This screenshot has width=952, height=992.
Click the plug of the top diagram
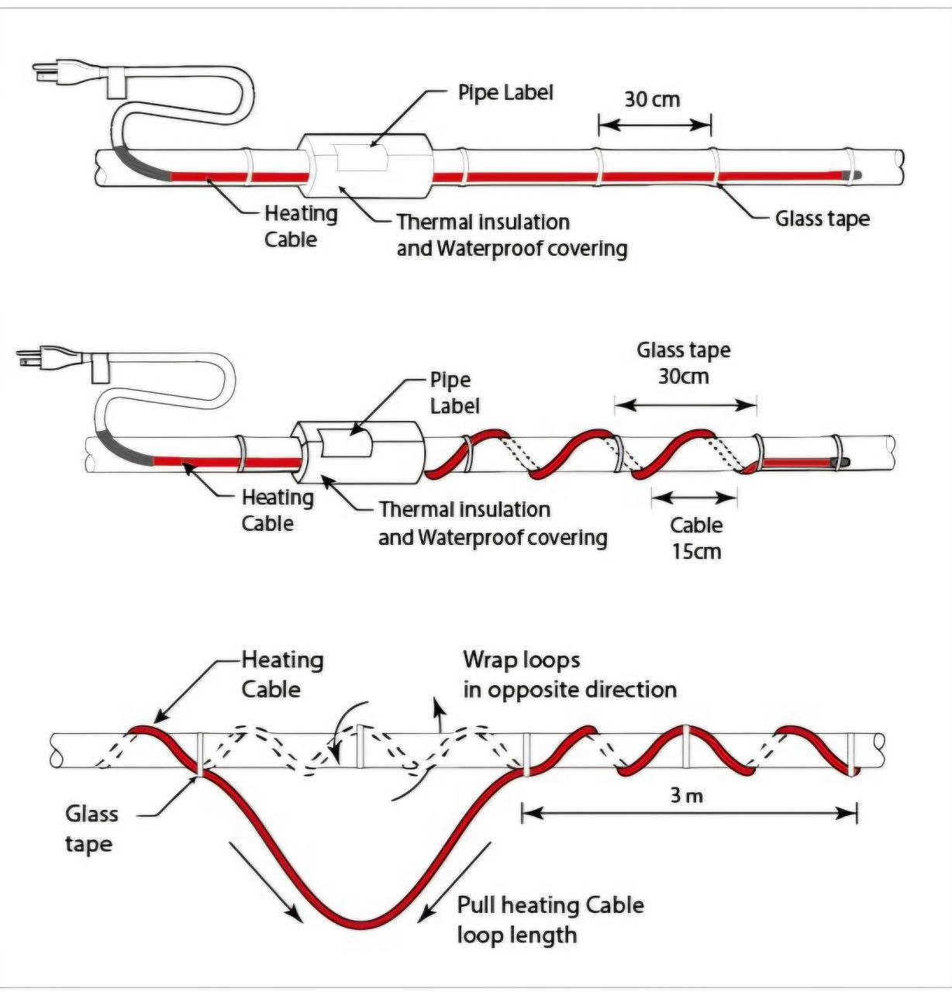coord(50,73)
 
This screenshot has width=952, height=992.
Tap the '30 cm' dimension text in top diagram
coord(652,99)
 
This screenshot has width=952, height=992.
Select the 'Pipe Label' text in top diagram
coord(505,93)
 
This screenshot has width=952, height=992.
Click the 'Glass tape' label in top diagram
coord(822,219)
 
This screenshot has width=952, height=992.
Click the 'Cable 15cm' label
coord(696,538)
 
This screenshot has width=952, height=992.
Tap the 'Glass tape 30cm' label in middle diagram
coord(684,363)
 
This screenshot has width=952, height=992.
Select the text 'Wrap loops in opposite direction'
coord(569,674)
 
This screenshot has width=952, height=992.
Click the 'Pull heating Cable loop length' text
coord(550,919)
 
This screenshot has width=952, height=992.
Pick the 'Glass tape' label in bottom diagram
coord(91,828)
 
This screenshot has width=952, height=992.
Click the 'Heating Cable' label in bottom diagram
coord(282,674)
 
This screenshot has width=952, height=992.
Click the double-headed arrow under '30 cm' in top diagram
coord(654,124)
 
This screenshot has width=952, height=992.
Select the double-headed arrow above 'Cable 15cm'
coord(695,496)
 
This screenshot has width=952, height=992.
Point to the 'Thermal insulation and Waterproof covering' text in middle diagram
coord(492,523)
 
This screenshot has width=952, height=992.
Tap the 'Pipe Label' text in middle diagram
coord(454,393)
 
